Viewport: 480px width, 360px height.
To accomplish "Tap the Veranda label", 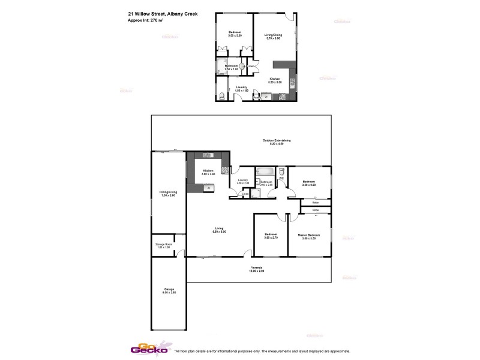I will click(x=256, y=269).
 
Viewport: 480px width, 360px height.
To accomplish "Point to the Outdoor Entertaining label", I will click(x=276, y=142).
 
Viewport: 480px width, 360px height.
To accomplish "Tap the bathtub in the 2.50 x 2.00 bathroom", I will click(x=265, y=171).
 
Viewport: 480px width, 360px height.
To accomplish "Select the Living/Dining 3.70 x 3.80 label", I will click(x=273, y=37).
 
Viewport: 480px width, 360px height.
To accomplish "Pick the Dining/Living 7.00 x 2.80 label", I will click(x=167, y=194).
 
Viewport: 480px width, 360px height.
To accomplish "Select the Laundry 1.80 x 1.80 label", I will click(x=242, y=89).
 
